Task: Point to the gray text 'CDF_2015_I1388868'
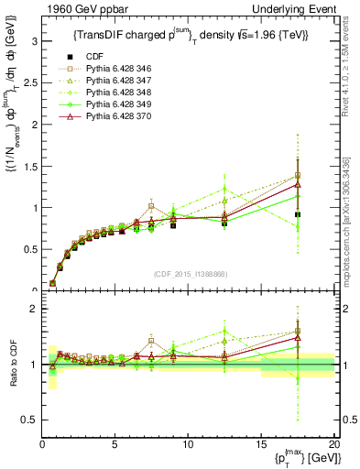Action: pos(188,272)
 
